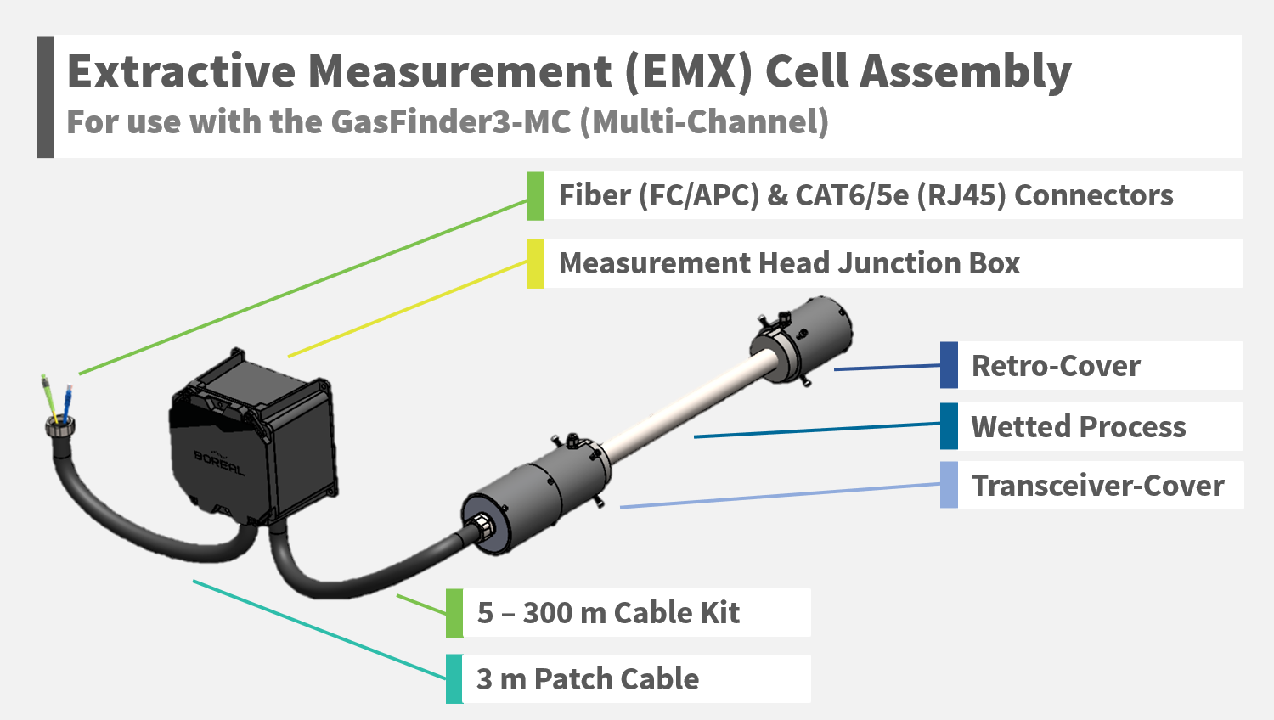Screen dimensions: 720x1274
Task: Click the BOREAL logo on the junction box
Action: click(219, 462)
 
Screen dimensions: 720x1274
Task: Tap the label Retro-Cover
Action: click(1056, 366)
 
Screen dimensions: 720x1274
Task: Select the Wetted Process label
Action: click(1078, 426)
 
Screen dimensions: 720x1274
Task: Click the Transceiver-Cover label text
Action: click(1097, 486)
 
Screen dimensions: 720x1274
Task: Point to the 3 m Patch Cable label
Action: click(588, 679)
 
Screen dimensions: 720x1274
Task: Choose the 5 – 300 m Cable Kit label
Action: click(608, 613)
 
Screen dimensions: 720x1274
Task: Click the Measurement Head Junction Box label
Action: click(789, 263)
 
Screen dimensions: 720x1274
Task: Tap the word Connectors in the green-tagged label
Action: click(1094, 195)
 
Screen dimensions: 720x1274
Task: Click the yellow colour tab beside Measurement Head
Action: click(535, 263)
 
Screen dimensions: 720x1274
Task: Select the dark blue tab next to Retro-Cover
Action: click(949, 366)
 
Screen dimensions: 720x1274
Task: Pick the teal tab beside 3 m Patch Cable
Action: click(454, 679)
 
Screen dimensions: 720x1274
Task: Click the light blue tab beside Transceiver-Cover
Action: click(949, 486)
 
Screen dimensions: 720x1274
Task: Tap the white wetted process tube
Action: click(679, 408)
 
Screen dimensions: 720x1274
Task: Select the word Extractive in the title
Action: click(181, 71)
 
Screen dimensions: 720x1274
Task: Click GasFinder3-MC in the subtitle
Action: click(450, 122)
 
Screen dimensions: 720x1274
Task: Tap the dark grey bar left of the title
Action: click(45, 96)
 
